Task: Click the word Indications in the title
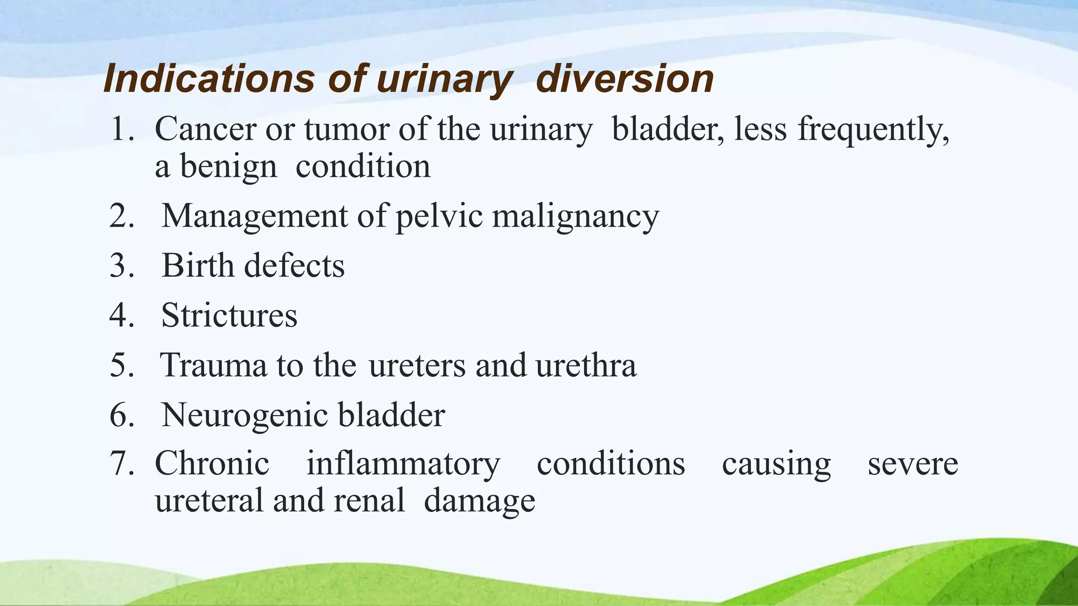coord(209,79)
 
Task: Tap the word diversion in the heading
coord(624,79)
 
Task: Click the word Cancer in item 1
coord(205,129)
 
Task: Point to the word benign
coord(228,167)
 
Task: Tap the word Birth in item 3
coord(197,265)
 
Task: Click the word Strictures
coord(229,315)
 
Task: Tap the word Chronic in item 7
coord(212,463)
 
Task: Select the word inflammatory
coord(403,464)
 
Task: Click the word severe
coord(912,464)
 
